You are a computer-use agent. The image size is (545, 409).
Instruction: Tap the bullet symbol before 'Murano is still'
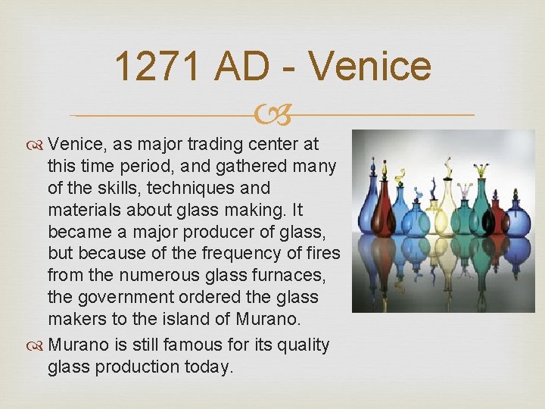tap(36, 345)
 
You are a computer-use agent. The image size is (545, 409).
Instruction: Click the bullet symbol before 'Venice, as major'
tap(36, 144)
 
